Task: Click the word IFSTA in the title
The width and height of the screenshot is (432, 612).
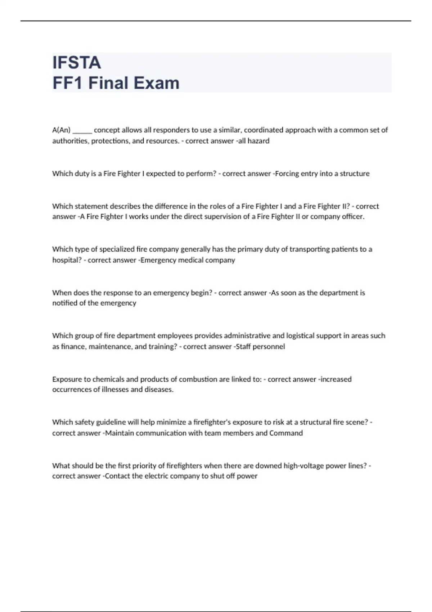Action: click(77, 63)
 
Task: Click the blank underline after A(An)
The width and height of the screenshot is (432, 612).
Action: click(82, 130)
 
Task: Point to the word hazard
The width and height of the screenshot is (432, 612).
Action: click(258, 141)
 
